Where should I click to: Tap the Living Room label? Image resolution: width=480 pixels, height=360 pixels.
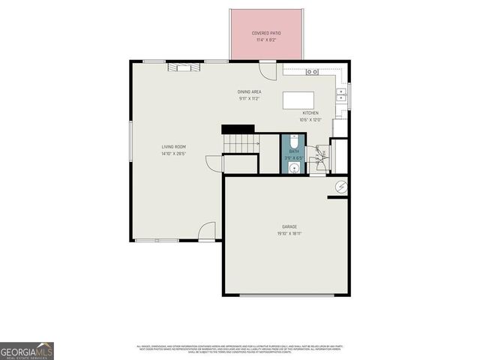173,146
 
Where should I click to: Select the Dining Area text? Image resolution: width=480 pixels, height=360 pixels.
250,91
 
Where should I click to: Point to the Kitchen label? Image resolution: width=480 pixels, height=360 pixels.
310,113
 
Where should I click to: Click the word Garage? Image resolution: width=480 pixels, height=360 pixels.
289,226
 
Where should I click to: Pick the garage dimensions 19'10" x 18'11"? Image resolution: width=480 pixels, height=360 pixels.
289,233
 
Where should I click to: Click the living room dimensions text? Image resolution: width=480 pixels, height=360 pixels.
173,154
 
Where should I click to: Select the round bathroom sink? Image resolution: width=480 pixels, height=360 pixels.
293,168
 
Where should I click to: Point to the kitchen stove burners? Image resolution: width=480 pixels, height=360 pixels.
313,71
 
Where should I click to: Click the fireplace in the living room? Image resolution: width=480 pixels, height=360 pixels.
184,67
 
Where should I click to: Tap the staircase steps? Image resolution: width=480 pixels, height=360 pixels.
240,142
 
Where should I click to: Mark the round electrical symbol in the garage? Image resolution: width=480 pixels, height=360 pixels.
341,187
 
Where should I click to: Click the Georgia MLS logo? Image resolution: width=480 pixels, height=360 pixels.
26,351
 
